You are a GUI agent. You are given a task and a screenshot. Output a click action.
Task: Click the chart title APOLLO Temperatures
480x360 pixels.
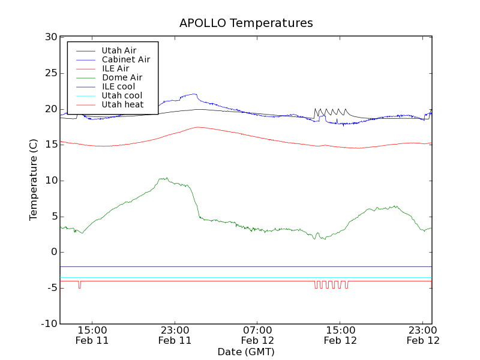tap(246, 23)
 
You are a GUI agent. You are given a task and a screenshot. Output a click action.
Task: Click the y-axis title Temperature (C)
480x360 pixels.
tap(34, 180)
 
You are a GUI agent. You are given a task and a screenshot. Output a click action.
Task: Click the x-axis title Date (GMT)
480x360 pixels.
tap(246, 352)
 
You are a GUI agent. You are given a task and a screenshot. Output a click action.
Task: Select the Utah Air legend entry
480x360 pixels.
tap(118, 51)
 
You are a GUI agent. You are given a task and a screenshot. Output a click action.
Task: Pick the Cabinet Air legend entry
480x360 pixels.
tap(125, 60)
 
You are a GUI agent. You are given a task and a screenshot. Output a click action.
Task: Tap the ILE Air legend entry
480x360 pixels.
tap(115, 69)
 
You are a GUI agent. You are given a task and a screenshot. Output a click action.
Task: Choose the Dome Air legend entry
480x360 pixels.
tap(122, 78)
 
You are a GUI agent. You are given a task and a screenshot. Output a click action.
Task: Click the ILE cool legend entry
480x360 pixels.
tap(118, 87)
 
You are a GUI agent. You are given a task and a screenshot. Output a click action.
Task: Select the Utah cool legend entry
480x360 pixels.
tap(122, 96)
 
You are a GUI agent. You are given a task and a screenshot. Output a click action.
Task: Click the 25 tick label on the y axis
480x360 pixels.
tap(50, 73)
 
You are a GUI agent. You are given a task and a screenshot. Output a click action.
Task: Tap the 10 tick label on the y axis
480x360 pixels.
tap(50, 181)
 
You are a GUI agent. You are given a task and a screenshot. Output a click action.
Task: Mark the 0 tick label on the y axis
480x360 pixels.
tap(53, 252)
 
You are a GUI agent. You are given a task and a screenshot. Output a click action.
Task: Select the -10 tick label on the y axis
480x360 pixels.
tap(48, 324)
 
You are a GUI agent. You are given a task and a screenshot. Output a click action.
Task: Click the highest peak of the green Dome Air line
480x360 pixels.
tap(163, 178)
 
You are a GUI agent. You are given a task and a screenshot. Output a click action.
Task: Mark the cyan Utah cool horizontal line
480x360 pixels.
tap(240, 278)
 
